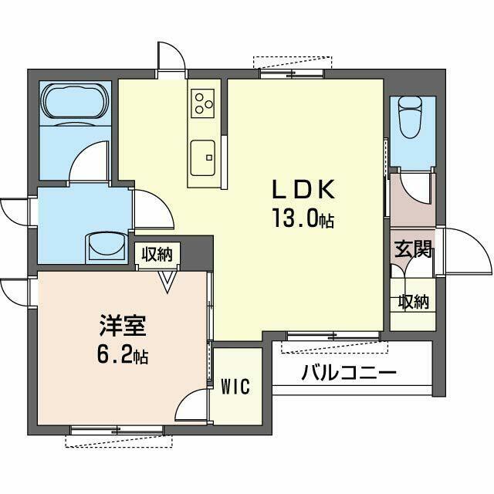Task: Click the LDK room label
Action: tap(303, 189)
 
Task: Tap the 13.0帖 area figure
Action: tap(303, 218)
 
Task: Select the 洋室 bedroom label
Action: tap(123, 326)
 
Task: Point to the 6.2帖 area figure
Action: tap(123, 355)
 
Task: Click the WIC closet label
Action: tap(235, 386)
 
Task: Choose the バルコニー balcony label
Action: tap(349, 373)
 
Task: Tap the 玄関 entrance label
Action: tap(413, 249)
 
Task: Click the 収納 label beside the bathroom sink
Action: tap(157, 254)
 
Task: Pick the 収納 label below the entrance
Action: tap(414, 302)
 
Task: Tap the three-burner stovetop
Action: tap(202, 103)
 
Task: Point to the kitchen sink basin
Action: tap(203, 157)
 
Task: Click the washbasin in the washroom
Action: tap(107, 246)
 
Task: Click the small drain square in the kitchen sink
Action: tap(208, 157)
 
